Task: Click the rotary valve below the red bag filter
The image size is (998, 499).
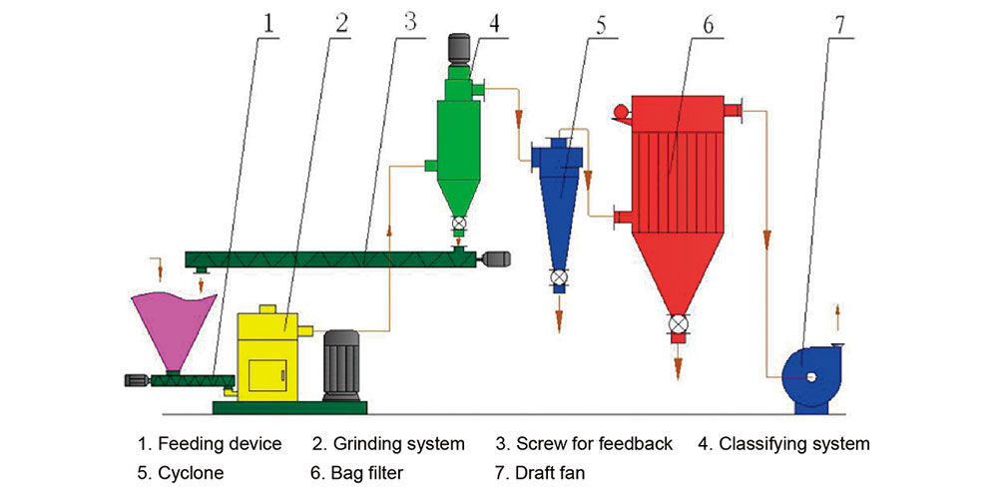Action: point(680,325)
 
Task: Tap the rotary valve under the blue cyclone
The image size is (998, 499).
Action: point(559,277)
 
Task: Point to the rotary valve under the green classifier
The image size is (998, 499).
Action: point(458,225)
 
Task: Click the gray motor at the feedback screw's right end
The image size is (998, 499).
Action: point(494,259)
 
